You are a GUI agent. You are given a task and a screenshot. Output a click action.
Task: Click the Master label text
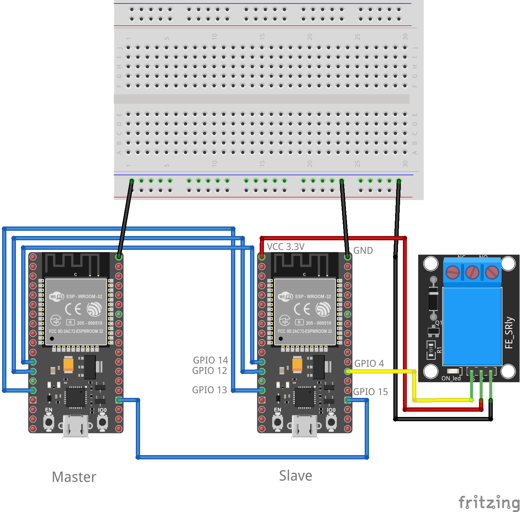click(x=74, y=477)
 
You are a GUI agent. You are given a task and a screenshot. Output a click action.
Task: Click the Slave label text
click(x=295, y=476)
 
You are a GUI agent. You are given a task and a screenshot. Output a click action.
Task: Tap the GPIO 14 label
click(x=210, y=360)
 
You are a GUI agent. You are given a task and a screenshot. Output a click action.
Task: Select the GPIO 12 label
click(x=209, y=371)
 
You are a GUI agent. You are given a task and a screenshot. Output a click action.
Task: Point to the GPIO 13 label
click(x=209, y=390)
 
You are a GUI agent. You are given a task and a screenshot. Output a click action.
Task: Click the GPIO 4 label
click(x=369, y=364)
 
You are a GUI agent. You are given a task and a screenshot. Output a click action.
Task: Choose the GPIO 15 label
click(x=370, y=392)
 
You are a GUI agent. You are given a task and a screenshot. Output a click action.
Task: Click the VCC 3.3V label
click(x=285, y=247)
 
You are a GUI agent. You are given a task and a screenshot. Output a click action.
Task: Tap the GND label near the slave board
click(x=363, y=251)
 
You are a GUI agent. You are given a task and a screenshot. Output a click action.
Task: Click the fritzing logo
click(x=489, y=502)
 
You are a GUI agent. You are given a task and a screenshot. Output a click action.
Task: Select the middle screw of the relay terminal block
click(x=472, y=272)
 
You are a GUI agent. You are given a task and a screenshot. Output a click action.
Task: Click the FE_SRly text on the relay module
click(x=509, y=332)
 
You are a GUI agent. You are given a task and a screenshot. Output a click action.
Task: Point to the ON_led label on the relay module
click(x=451, y=378)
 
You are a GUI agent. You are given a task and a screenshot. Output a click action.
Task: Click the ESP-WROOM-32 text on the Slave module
click(x=313, y=296)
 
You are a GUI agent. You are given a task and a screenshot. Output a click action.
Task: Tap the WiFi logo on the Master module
click(x=57, y=296)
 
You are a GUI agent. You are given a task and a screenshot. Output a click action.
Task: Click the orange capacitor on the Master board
click(x=69, y=364)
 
